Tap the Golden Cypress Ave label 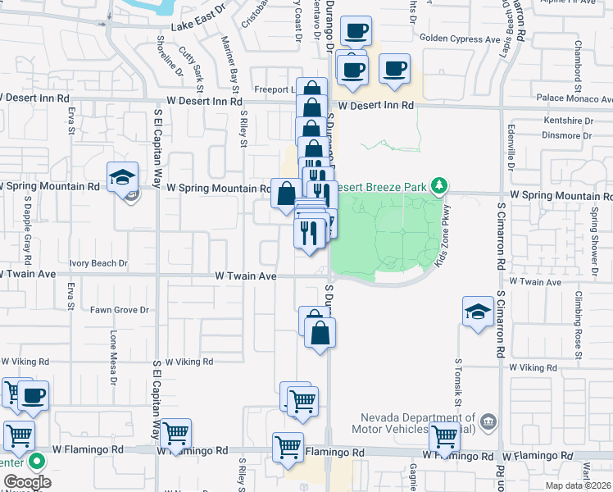coord(459,39)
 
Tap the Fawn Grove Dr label coord(119,310)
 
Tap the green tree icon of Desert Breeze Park coord(440,185)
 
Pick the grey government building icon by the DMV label coord(488,421)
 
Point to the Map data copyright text coord(577,485)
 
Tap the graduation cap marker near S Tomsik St coord(478,312)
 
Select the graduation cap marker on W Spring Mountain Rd coord(122,176)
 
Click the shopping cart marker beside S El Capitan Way coord(175,435)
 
